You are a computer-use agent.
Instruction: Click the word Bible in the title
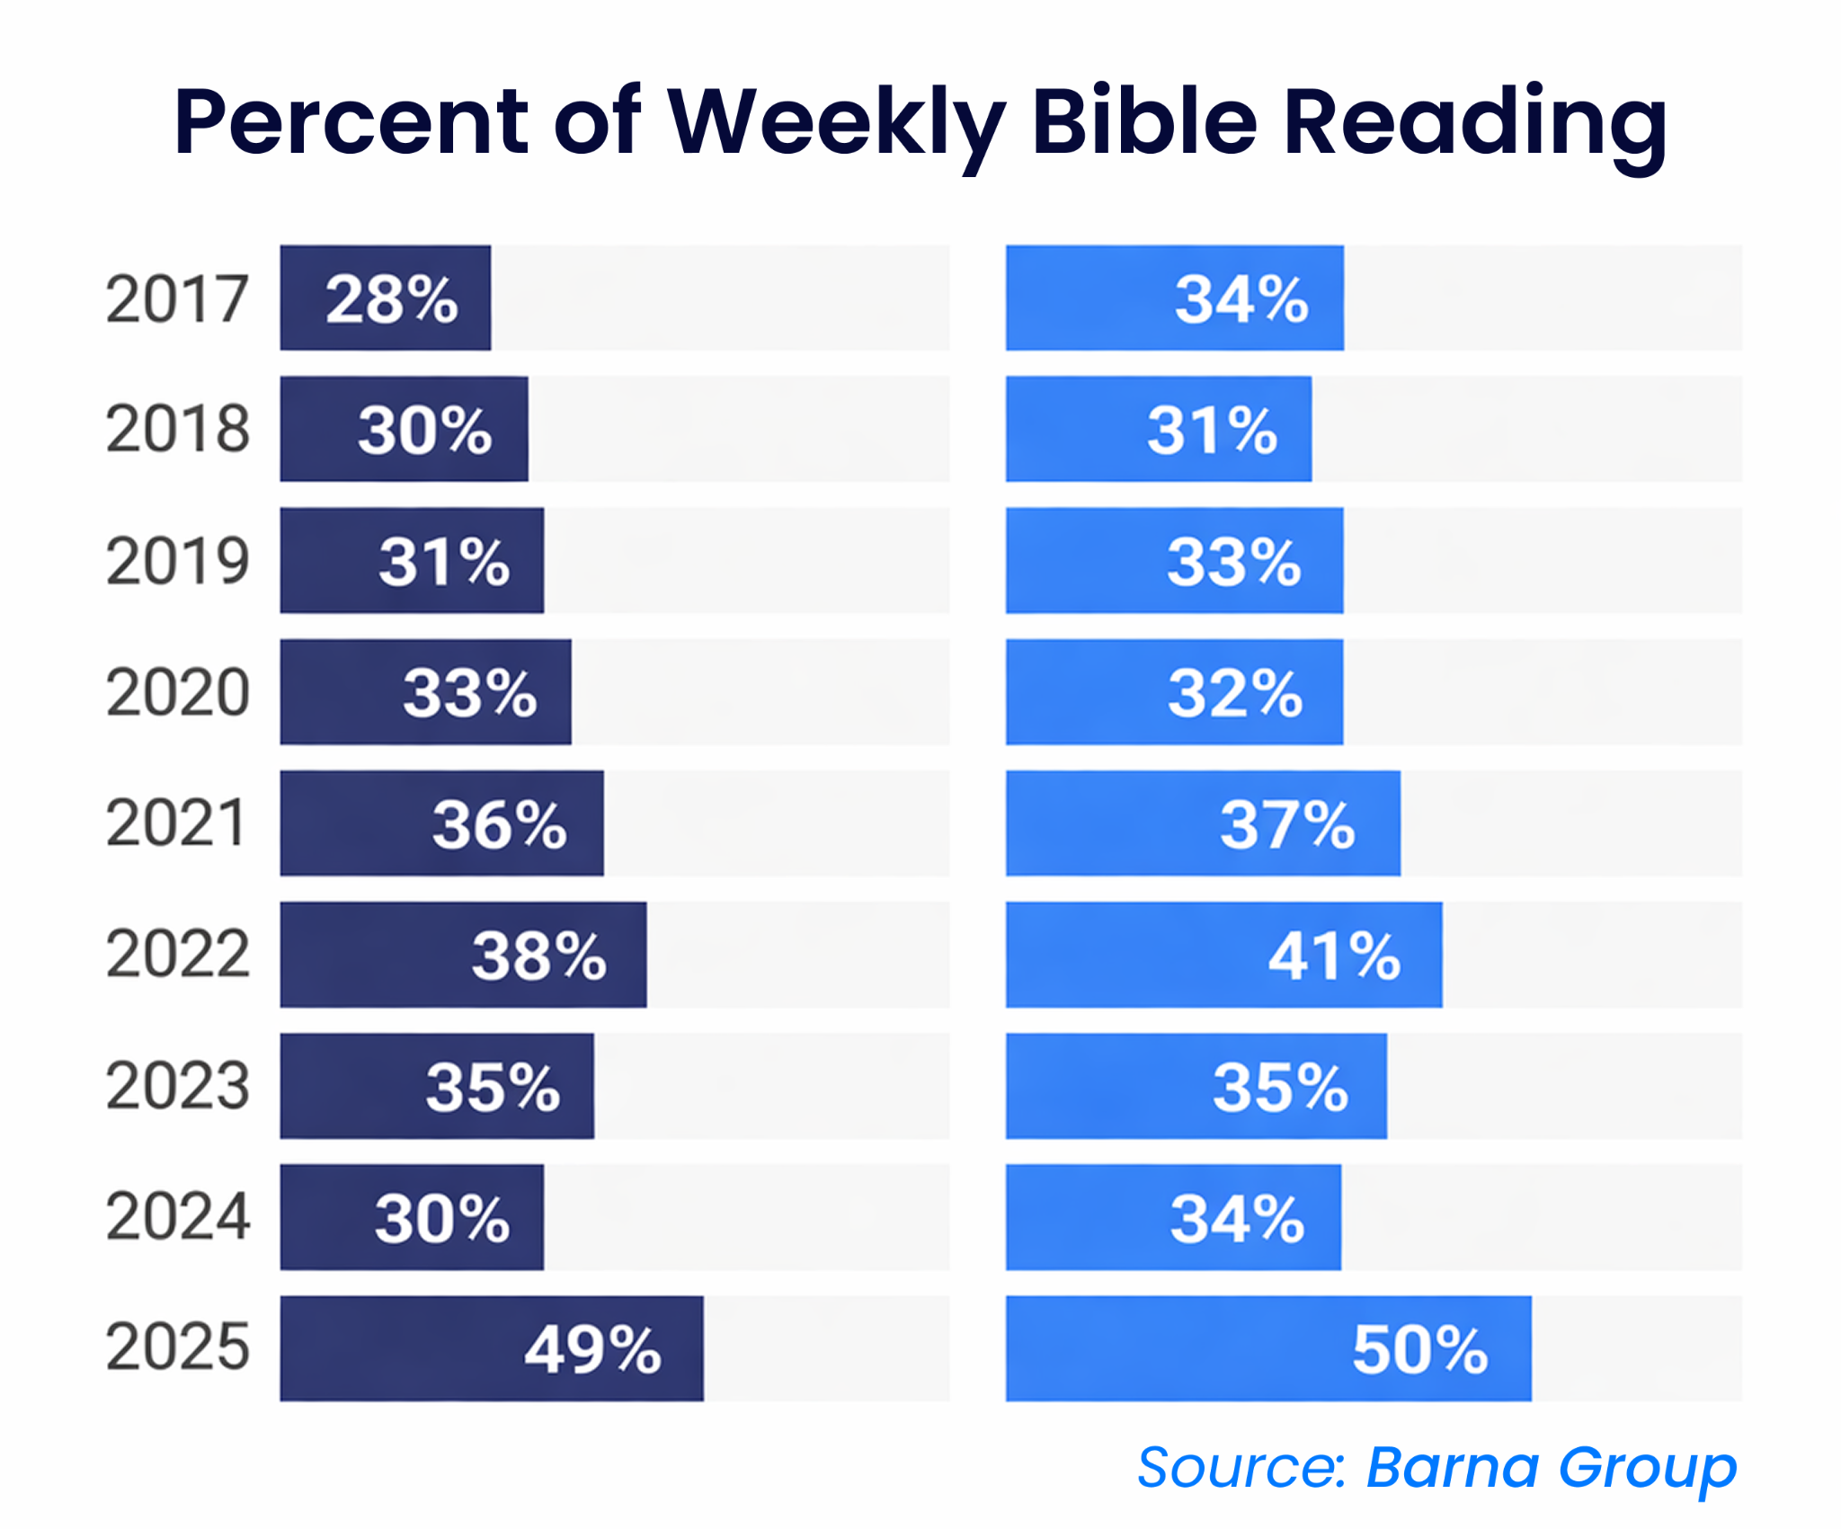click(x=1143, y=121)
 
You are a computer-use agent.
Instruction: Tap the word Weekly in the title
click(x=835, y=121)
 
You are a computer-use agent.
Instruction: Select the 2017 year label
click(x=177, y=298)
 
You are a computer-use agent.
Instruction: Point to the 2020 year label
click(x=177, y=692)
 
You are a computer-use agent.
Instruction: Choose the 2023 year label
click(x=177, y=1086)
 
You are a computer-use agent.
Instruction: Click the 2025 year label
click(x=177, y=1347)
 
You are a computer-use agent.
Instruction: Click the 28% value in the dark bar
click(x=392, y=298)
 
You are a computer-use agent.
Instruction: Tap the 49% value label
click(x=592, y=1349)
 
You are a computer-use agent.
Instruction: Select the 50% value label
click(x=1419, y=1349)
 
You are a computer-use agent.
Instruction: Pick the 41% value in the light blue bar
click(x=1334, y=956)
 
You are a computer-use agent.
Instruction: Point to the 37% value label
click(x=1286, y=824)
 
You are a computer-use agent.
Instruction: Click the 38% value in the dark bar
click(x=539, y=956)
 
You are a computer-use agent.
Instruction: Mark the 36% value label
click(x=500, y=824)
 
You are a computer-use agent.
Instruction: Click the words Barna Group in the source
click(x=1551, y=1468)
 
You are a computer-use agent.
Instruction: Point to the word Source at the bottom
click(x=1241, y=1468)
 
